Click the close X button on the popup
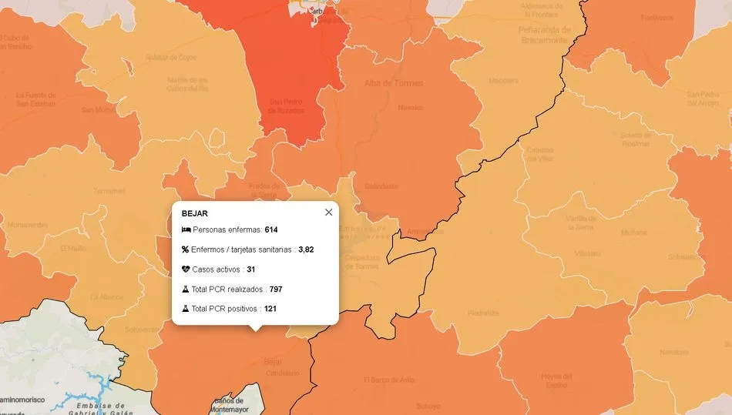coord(329,213)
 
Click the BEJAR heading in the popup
coord(195,213)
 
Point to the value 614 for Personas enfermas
coord(270,230)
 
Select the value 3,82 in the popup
coord(306,249)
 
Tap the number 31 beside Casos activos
coord(251,269)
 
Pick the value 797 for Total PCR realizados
coord(277,289)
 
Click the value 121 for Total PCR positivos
coord(270,309)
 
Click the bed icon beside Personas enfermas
coord(186,230)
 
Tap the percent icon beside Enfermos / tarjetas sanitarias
coord(186,249)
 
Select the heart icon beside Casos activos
coord(186,269)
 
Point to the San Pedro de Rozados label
coord(286,105)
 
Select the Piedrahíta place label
coord(483,313)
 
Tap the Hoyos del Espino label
coord(557,380)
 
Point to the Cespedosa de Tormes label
coord(361,262)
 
